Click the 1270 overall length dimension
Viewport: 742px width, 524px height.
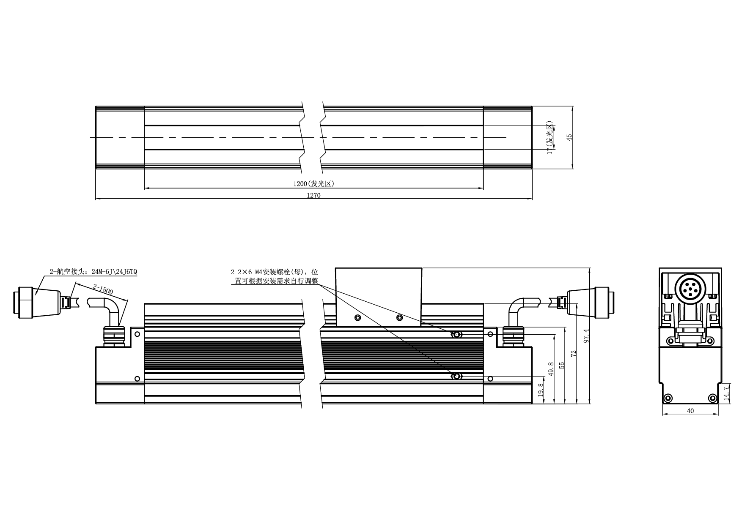[313, 195]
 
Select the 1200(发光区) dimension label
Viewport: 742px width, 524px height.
[314, 184]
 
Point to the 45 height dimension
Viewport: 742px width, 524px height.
[569, 137]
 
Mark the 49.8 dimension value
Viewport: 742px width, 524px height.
[551, 368]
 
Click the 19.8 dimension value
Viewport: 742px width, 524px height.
[540, 390]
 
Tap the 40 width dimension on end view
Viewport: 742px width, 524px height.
[690, 411]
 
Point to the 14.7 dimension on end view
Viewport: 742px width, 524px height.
[726, 393]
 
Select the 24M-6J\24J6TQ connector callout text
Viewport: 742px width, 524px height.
[114, 272]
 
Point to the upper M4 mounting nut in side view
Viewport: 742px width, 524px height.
[456, 335]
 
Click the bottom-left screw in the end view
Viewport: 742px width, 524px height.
[668, 398]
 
